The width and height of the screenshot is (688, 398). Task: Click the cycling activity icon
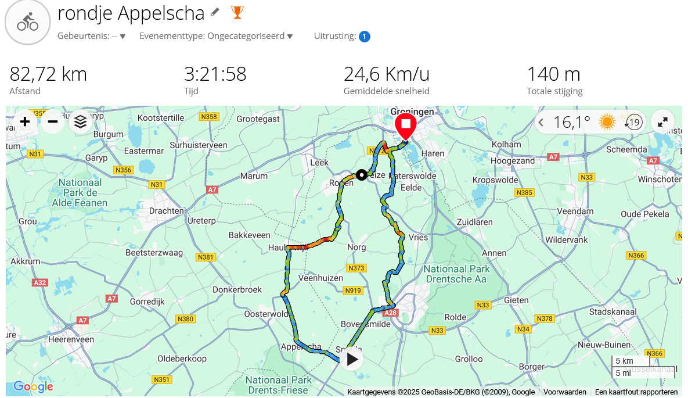27,23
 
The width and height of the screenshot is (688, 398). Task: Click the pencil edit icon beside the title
215,12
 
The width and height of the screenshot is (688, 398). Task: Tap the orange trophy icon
237,12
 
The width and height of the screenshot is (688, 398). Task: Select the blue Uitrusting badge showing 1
365,37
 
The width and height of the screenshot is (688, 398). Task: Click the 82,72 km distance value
48,74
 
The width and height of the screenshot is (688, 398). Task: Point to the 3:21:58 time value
215,74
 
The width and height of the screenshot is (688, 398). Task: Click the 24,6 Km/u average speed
387,74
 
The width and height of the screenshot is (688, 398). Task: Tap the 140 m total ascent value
553,74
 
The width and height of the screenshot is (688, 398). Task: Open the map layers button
81,121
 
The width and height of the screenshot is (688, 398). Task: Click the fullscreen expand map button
662,122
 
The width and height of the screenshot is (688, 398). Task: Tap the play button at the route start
352,359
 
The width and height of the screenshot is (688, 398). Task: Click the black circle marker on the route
362,174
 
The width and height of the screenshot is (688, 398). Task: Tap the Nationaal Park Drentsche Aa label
457,274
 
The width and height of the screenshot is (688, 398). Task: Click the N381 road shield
206,257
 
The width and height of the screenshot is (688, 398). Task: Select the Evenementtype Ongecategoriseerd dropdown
216,36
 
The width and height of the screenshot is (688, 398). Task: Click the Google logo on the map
33,386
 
